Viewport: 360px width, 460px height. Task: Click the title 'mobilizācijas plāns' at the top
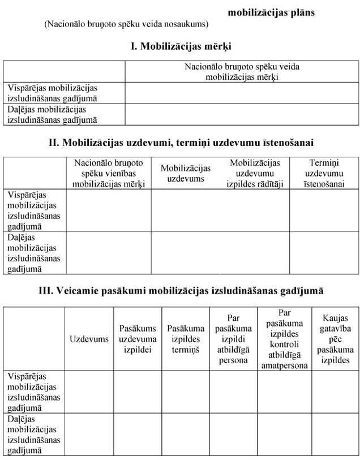click(271, 12)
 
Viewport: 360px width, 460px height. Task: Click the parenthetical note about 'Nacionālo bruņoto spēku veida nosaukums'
click(127, 25)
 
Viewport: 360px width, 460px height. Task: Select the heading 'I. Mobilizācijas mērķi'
click(181, 46)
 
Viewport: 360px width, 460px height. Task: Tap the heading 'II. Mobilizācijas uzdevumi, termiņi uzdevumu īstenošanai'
click(181, 143)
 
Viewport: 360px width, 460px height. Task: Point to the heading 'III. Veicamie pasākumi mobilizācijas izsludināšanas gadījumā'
click(181, 290)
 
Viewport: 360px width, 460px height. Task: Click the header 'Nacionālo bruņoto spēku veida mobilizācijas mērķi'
click(242, 72)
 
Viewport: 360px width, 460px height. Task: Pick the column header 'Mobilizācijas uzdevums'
click(186, 173)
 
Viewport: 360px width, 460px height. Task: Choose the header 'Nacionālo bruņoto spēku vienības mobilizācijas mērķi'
click(109, 173)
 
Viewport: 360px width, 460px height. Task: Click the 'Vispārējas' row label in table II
click(34, 210)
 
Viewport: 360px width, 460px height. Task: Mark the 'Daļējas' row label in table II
click(34, 252)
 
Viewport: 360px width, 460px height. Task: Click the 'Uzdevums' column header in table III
click(89, 339)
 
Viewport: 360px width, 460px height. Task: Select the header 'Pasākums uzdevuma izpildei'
click(138, 339)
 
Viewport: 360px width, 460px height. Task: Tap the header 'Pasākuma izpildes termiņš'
click(186, 339)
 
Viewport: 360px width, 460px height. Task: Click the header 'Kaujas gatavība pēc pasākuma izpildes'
click(335, 339)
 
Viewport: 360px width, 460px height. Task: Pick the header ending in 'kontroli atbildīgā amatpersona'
click(284, 339)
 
